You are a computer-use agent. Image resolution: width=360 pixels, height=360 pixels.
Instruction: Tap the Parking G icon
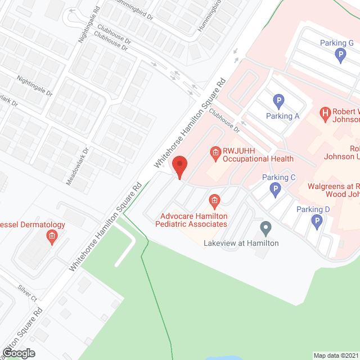click(339, 55)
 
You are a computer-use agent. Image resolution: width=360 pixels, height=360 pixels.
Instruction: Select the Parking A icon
click(278, 102)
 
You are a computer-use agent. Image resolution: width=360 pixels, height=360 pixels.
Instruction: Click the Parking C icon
click(275, 190)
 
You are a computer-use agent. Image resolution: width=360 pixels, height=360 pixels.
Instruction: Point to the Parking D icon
click(317, 222)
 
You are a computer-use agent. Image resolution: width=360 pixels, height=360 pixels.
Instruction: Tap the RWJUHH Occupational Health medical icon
click(214, 152)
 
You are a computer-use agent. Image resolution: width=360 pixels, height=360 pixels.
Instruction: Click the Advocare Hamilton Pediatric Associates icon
click(214, 201)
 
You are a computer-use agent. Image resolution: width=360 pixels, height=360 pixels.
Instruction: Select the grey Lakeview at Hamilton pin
click(266, 228)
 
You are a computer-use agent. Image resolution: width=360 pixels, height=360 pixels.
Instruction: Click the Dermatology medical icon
click(51, 236)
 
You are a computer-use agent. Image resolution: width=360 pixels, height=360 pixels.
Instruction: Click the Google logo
click(18, 353)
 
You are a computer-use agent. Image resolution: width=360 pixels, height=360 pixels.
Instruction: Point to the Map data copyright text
click(336, 355)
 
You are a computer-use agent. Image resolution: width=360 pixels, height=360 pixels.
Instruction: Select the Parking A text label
click(283, 116)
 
